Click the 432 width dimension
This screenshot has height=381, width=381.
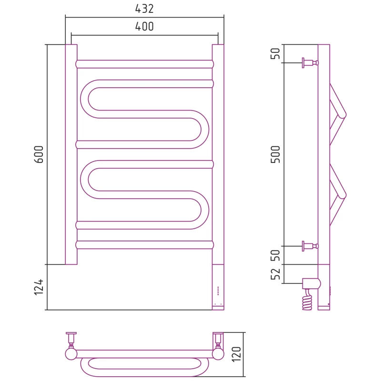point(144,9)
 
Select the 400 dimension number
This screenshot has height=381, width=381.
point(144,27)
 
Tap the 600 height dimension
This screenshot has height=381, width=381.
point(39,154)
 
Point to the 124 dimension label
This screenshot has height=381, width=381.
point(39,287)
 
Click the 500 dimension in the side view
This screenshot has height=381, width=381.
point(276,154)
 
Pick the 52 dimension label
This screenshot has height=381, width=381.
point(276,274)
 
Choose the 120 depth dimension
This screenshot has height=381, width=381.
point(236,354)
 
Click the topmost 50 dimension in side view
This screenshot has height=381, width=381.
point(276,53)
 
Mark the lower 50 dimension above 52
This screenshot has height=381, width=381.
point(276,255)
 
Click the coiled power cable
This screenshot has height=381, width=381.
point(307,300)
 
